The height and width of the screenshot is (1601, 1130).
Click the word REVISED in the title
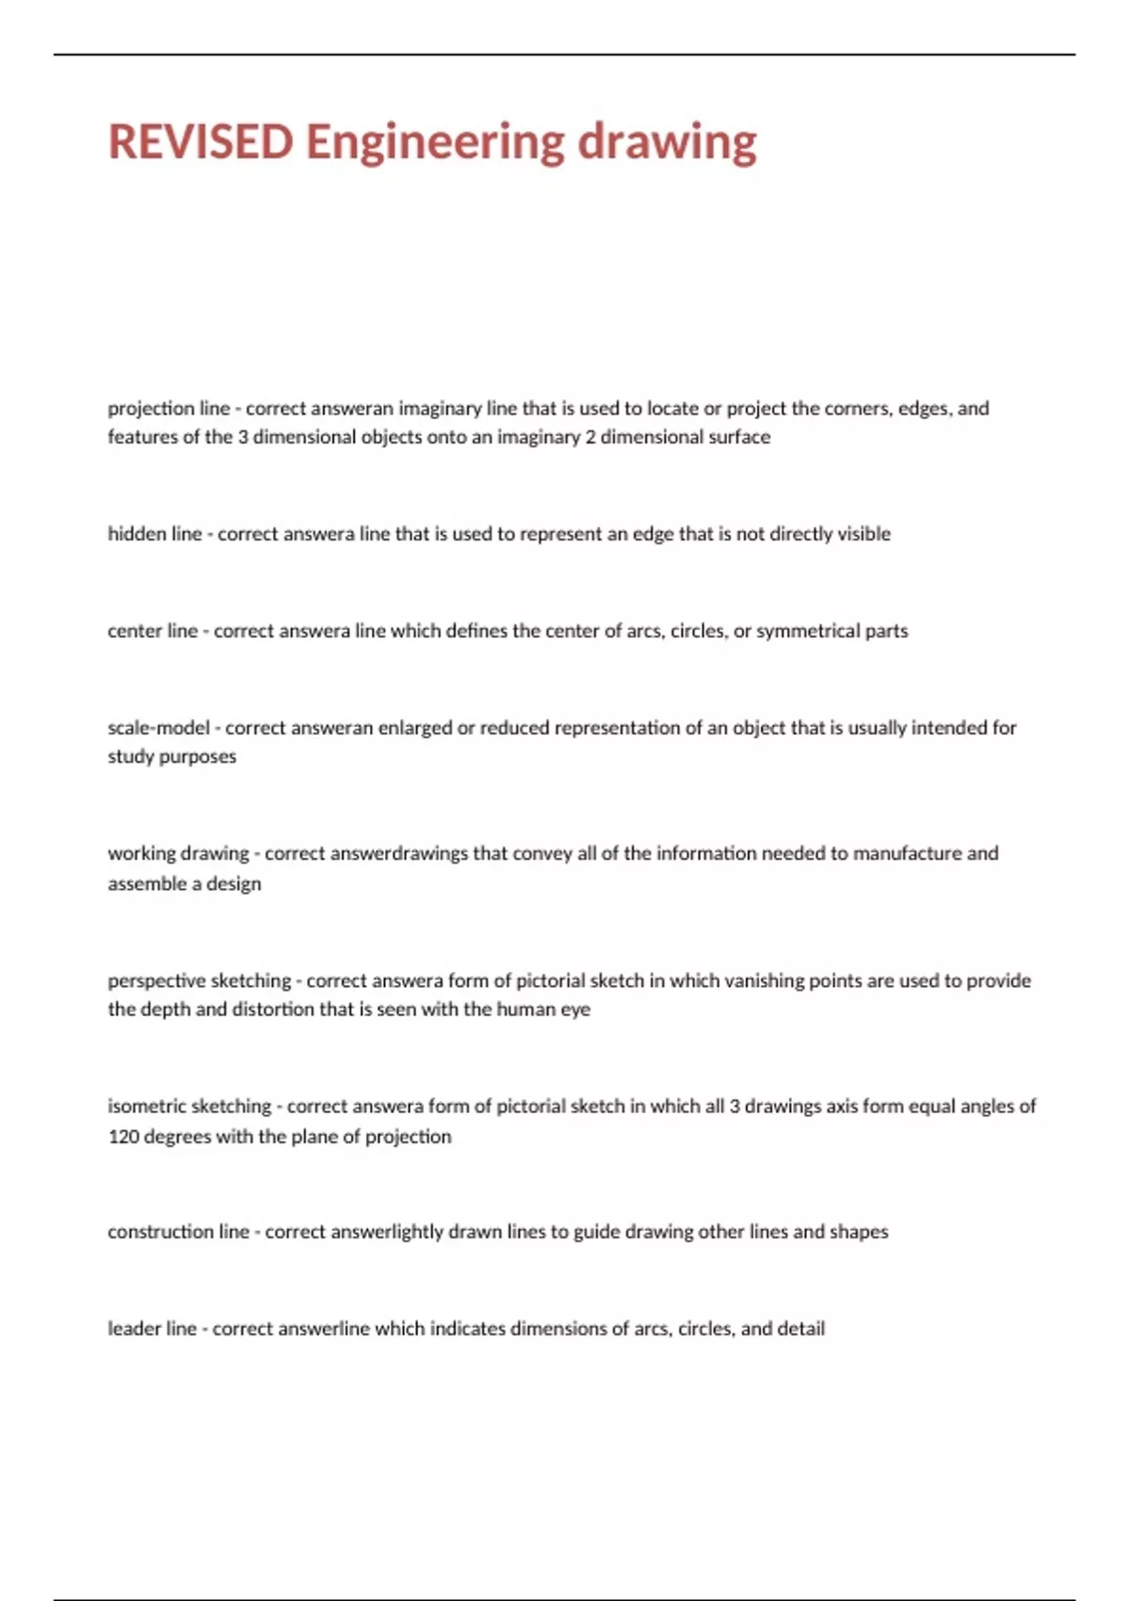[x=201, y=142]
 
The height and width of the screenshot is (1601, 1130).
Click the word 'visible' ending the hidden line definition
[x=864, y=534]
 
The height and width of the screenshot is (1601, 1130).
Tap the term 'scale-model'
[x=158, y=728]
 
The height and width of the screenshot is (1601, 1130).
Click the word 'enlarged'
[x=415, y=728]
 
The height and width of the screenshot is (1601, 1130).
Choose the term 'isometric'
[x=146, y=1107]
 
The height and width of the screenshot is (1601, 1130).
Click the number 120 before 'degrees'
[x=123, y=1137]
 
